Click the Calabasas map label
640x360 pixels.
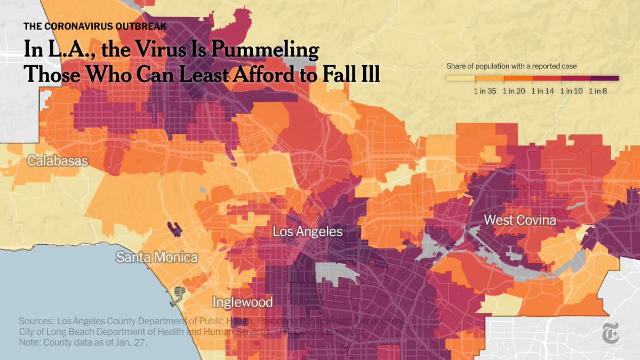(58, 161)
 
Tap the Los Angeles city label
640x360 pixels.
(308, 232)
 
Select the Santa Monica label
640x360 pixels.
(157, 258)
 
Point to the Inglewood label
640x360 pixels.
(243, 302)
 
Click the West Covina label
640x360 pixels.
(520, 220)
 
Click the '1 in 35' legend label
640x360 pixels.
(485, 91)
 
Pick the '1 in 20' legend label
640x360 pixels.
(514, 91)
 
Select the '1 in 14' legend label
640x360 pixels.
(542, 91)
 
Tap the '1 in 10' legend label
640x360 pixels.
(571, 91)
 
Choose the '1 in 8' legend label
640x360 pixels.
(598, 91)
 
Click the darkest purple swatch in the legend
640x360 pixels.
(604, 78)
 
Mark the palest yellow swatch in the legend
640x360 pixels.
(460, 78)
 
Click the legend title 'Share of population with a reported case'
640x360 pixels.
(511, 67)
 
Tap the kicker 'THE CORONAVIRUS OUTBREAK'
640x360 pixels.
(95, 26)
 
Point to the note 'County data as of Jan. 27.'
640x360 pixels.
(83, 343)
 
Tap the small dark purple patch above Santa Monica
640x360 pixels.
(174, 229)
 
